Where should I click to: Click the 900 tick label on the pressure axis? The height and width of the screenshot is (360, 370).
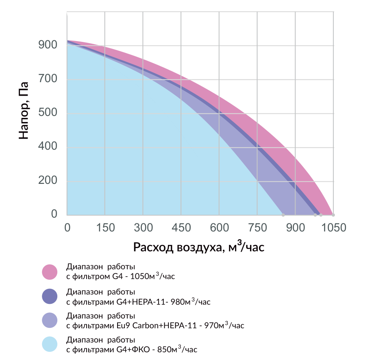click(x=48, y=45)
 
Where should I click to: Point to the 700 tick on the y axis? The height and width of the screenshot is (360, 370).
click(x=48, y=79)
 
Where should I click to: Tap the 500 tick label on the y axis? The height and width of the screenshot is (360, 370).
click(x=48, y=112)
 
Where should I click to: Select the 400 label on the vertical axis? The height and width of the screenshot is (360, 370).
click(x=48, y=146)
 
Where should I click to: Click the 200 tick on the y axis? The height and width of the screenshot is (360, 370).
click(x=48, y=180)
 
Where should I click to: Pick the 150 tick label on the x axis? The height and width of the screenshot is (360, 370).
click(x=105, y=228)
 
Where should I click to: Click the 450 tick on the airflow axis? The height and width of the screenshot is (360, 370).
click(x=181, y=228)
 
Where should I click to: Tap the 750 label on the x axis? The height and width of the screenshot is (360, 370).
click(x=257, y=228)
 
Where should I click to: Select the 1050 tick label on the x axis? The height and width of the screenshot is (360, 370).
click(x=334, y=228)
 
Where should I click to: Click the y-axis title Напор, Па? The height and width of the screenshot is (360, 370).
click(x=24, y=111)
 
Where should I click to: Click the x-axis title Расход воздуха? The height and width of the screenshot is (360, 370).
click(x=178, y=247)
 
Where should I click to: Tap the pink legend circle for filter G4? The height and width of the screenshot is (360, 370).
click(x=50, y=272)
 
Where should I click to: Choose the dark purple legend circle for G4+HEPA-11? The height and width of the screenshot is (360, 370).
click(x=50, y=296)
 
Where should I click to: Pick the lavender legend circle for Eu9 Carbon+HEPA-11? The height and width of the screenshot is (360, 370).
click(x=50, y=321)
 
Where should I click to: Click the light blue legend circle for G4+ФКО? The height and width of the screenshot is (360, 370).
click(x=50, y=344)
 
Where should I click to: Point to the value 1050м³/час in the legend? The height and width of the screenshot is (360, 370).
click(x=152, y=276)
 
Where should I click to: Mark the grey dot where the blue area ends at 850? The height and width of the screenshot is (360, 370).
click(x=283, y=215)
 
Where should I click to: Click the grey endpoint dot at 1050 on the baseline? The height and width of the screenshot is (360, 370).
click(x=333, y=215)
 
